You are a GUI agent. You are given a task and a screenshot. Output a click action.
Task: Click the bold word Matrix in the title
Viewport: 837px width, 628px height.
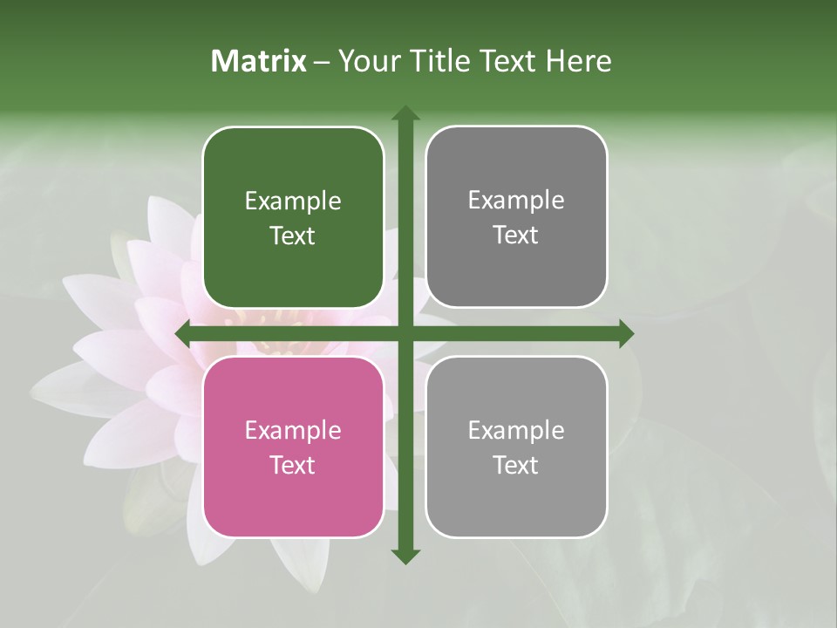click(x=259, y=61)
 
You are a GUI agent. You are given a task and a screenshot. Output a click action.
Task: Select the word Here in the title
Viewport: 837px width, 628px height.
click(x=578, y=61)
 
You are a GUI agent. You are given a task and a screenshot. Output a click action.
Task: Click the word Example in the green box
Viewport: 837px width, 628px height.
click(x=293, y=201)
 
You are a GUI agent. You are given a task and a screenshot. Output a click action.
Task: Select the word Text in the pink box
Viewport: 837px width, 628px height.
click(x=293, y=465)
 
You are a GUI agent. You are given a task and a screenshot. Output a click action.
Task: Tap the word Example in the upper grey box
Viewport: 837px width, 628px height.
click(x=516, y=201)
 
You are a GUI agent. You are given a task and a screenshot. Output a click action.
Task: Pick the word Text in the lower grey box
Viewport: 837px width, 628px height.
click(x=516, y=465)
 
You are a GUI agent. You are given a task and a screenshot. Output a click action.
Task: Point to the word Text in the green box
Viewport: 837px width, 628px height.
click(x=293, y=235)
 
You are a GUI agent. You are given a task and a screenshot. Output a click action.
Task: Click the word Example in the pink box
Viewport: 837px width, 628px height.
click(x=293, y=431)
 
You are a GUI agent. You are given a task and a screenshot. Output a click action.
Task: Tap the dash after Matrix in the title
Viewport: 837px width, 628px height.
click(x=322, y=62)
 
